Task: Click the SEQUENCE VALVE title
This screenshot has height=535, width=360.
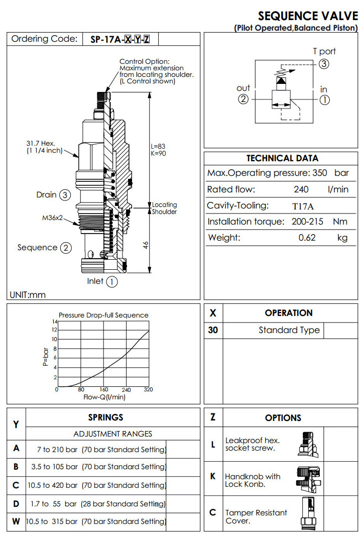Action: [x=308, y=16]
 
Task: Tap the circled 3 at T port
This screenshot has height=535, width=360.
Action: [x=324, y=64]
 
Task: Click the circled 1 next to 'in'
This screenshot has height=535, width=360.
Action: [x=324, y=99]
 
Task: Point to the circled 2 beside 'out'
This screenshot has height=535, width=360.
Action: [x=243, y=99]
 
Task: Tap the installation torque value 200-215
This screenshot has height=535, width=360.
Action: [x=306, y=222]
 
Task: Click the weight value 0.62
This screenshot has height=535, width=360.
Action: [x=307, y=238]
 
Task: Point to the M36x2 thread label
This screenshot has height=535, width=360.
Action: [x=52, y=218]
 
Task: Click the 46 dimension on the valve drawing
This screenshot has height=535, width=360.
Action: [x=145, y=245]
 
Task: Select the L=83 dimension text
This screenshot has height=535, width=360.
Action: [x=158, y=146]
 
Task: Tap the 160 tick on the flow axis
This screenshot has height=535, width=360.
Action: [x=104, y=390]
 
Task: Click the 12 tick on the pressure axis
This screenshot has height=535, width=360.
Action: [x=54, y=330]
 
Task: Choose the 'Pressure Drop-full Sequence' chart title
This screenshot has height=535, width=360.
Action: [x=103, y=315]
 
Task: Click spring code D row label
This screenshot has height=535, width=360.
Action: [x=16, y=503]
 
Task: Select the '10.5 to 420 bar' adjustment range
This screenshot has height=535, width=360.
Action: [x=53, y=485]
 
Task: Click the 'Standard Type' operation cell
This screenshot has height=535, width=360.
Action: [x=289, y=330]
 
